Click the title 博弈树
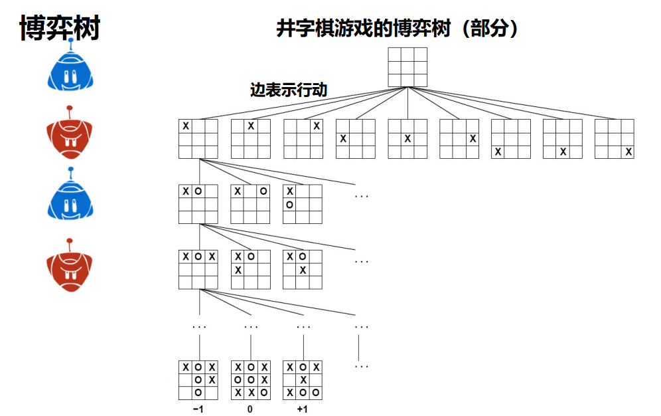pyautogui.click(x=60, y=29)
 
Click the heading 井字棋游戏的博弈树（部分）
pyautogui.click(x=397, y=29)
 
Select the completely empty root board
pyautogui.click(x=407, y=66)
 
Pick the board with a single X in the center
pyautogui.click(x=407, y=139)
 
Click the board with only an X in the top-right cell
pyautogui.click(x=303, y=139)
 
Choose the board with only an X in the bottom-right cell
pyautogui.click(x=615, y=139)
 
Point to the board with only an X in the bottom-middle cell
pyautogui.click(x=563, y=139)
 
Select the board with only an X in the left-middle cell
pyautogui.click(x=356, y=139)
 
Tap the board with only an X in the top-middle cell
pyautogui.click(x=251, y=139)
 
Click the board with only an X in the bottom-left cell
pyautogui.click(x=511, y=139)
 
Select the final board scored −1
pyautogui.click(x=198, y=380)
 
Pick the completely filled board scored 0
pyautogui.click(x=251, y=380)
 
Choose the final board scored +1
pyautogui.click(x=303, y=380)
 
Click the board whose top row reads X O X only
pyautogui.click(x=198, y=269)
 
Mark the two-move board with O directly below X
pyautogui.click(x=303, y=204)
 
